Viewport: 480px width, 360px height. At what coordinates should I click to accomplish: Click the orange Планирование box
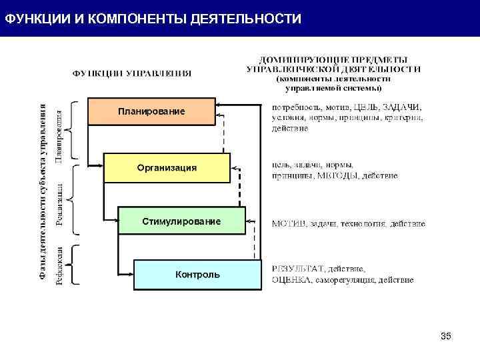click(x=151, y=111)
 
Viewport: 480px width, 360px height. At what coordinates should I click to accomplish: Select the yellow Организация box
click(x=167, y=167)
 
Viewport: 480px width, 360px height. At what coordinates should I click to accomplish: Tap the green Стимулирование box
click(x=181, y=221)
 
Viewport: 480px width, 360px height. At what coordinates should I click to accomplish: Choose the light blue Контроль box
click(x=197, y=275)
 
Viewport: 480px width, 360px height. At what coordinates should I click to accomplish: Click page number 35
click(x=446, y=336)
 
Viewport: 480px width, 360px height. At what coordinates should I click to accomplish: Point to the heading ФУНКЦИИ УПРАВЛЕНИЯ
click(x=132, y=73)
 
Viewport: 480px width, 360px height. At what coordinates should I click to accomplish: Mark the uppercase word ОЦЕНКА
click(x=291, y=280)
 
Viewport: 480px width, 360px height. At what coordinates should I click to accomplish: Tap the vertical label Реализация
click(x=59, y=200)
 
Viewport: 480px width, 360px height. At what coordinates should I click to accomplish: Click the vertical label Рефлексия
click(x=59, y=266)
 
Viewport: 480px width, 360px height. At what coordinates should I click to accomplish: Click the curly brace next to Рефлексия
click(x=74, y=266)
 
